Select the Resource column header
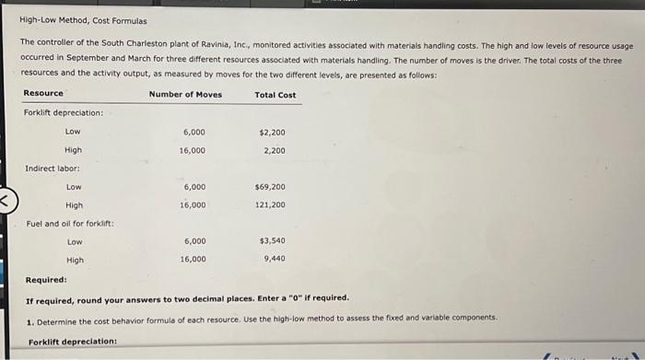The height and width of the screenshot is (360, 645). pos(43,93)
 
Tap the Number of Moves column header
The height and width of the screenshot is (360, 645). pos(185,94)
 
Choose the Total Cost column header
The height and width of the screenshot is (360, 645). pos(275,94)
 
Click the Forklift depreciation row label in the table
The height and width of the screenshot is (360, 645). pos(64,113)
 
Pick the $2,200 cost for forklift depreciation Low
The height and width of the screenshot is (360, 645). pos(273,133)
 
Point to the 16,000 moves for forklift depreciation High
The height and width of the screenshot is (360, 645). pos(193,150)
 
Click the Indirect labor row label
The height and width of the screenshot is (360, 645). pos(53,168)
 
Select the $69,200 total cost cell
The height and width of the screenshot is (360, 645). pos(271,187)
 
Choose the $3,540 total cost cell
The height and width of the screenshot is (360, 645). pos(273,241)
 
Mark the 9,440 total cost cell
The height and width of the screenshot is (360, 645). pos(275,260)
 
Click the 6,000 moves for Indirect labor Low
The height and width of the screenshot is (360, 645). pos(193,187)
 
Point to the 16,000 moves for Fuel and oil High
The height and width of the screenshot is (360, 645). pos(193,260)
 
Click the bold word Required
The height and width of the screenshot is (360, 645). pos(46,280)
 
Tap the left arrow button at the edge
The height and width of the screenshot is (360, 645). pos(6,199)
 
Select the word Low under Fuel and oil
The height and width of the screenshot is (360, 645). pos(75,242)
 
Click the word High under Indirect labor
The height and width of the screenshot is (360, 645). pos(75,205)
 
